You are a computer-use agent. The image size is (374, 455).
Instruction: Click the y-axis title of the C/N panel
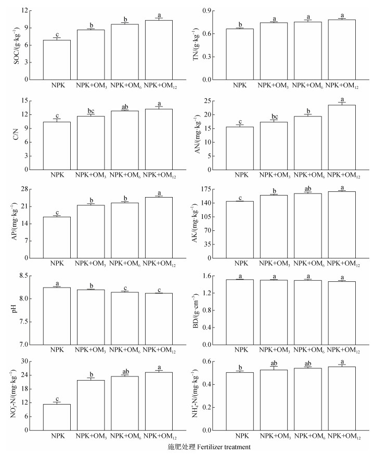pyautogui.click(x=10, y=134)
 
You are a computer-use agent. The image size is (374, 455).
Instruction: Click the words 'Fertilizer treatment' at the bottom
pyautogui.click(x=212, y=447)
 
